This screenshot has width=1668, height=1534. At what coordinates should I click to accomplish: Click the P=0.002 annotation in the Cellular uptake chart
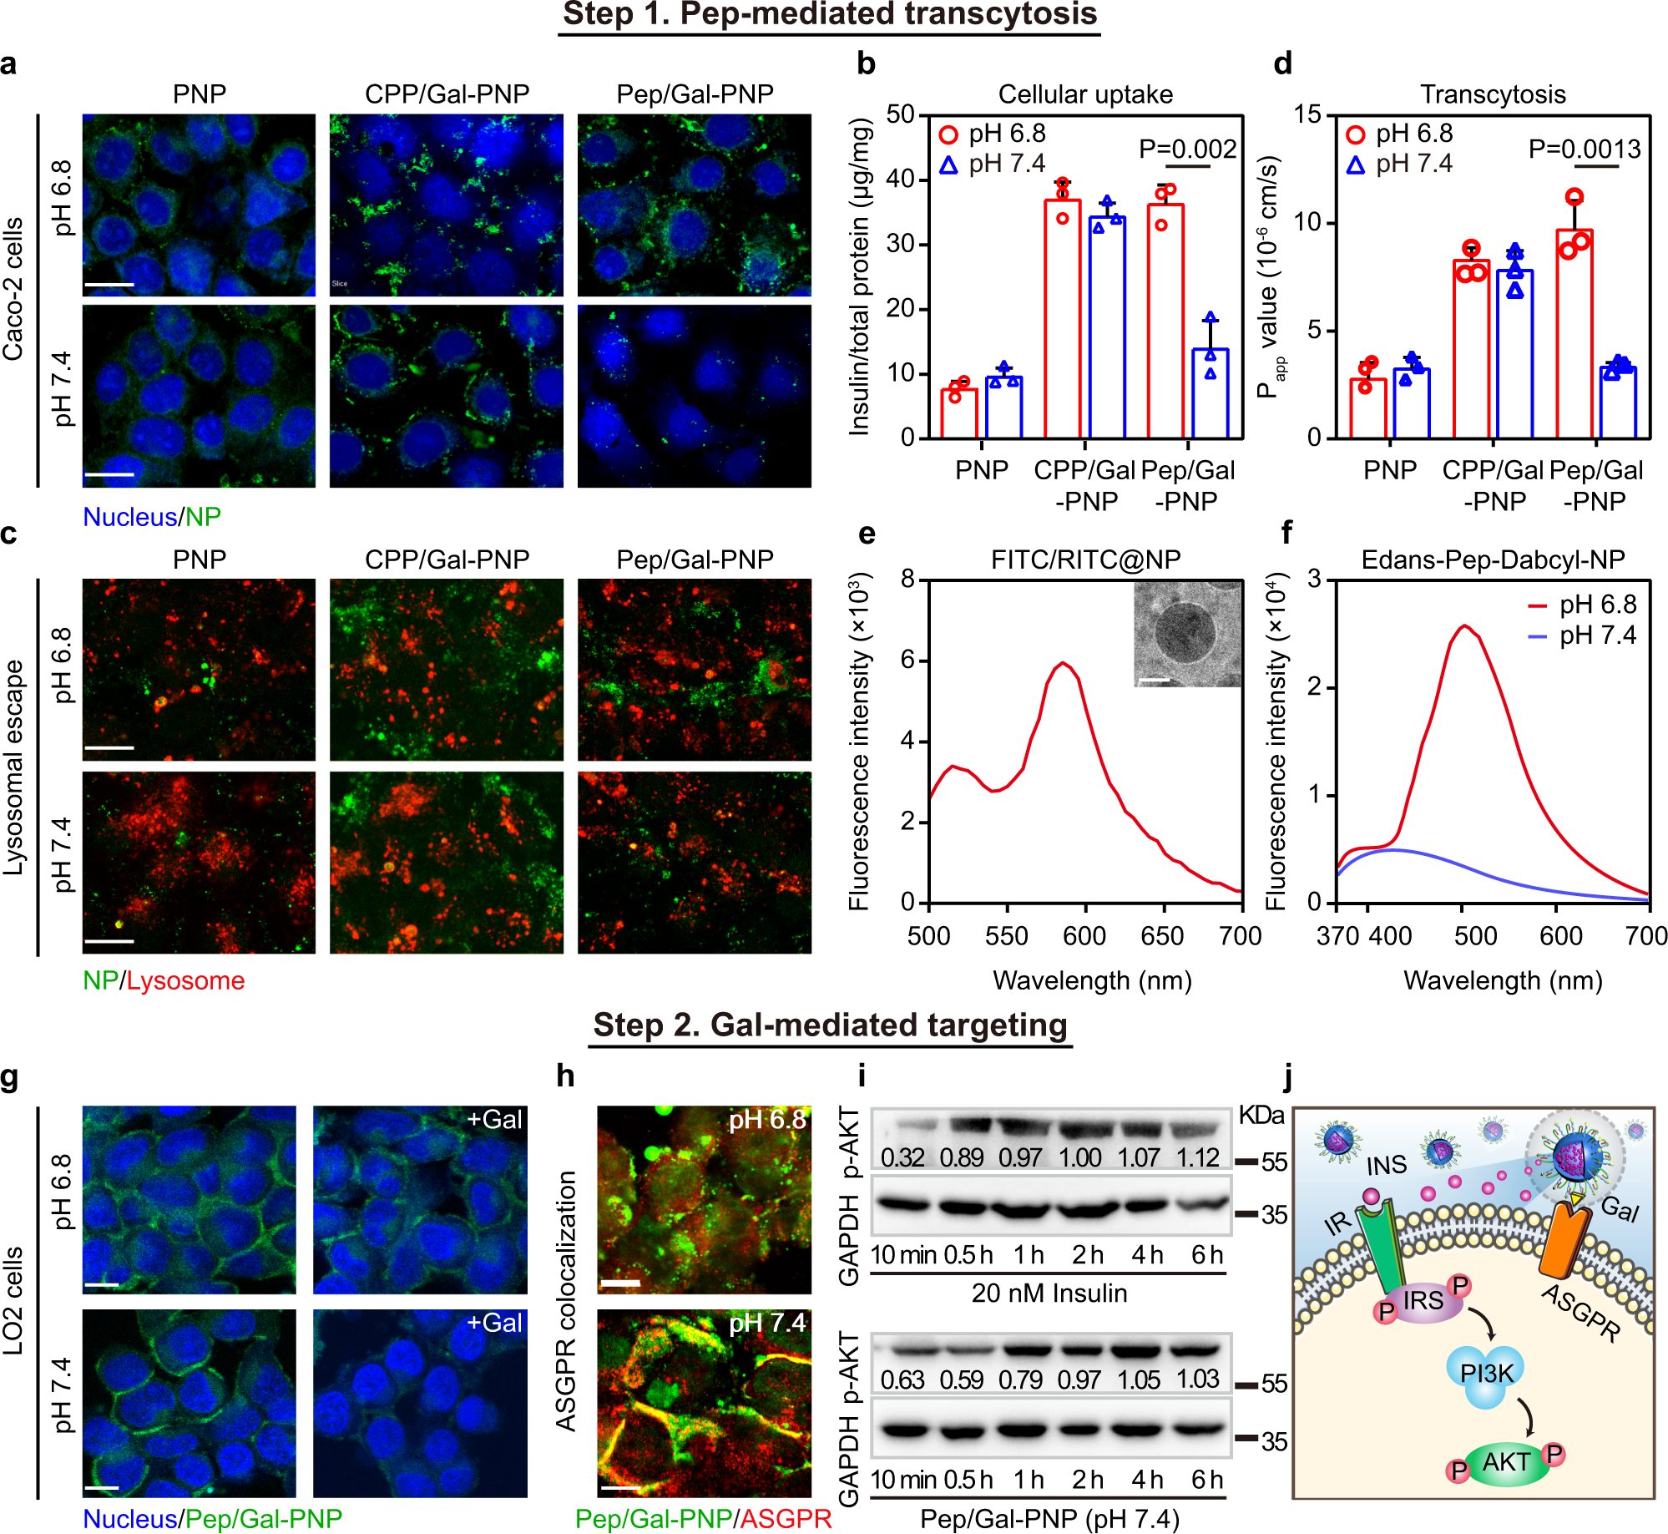click(x=1187, y=149)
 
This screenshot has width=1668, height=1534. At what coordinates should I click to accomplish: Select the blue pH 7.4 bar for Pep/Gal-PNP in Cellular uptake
click(x=1210, y=392)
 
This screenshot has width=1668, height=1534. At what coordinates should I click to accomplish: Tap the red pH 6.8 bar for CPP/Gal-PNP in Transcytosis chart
click(x=1471, y=351)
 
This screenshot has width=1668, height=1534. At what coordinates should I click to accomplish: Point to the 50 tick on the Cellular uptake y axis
click(x=901, y=114)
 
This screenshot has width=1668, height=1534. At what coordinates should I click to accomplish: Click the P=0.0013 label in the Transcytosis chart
click(x=1584, y=149)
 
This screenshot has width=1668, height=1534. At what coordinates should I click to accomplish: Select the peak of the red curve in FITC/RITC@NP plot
click(x=1062, y=663)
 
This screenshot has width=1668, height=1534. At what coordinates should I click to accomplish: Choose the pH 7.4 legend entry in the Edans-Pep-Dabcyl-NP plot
click(x=1582, y=635)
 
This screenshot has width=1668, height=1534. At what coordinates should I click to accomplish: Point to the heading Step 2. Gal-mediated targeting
click(x=830, y=1025)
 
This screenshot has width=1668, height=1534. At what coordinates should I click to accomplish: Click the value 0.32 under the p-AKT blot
click(x=902, y=1158)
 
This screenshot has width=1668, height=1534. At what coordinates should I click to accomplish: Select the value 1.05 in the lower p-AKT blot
click(x=1139, y=1380)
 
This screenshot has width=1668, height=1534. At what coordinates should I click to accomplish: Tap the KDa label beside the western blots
click(x=1261, y=1115)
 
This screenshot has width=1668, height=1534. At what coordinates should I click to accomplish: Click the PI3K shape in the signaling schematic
click(x=1486, y=1374)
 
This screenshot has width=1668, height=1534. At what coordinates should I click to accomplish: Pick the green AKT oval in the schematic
click(x=1506, y=1463)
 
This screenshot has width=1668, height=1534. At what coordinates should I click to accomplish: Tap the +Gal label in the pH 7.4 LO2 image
click(x=494, y=1323)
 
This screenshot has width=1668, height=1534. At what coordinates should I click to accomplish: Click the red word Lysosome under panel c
click(x=185, y=980)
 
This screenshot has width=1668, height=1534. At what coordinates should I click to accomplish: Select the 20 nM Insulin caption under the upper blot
click(x=1049, y=1293)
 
